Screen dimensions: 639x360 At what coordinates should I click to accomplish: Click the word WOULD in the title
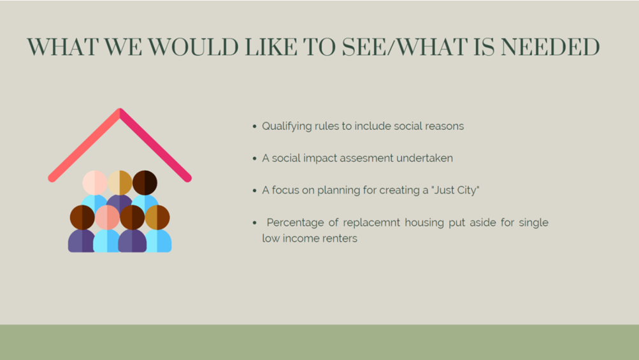tap(193, 47)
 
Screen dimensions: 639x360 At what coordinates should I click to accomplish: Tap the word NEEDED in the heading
tap(550, 47)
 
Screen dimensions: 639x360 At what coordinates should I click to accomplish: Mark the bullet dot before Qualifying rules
tap(255, 126)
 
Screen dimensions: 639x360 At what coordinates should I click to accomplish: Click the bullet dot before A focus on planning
tap(255, 191)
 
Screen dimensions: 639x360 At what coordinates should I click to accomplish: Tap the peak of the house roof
tap(120, 110)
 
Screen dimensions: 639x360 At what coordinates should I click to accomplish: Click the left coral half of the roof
tap(84, 145)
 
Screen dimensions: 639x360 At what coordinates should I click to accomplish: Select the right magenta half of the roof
tap(155, 145)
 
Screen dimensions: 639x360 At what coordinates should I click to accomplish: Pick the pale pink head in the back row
tap(94, 183)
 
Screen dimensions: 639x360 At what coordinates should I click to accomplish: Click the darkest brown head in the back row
tap(145, 183)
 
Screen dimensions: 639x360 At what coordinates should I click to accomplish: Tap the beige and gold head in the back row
tap(120, 183)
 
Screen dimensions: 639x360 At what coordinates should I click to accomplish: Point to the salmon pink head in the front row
tap(107, 217)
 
